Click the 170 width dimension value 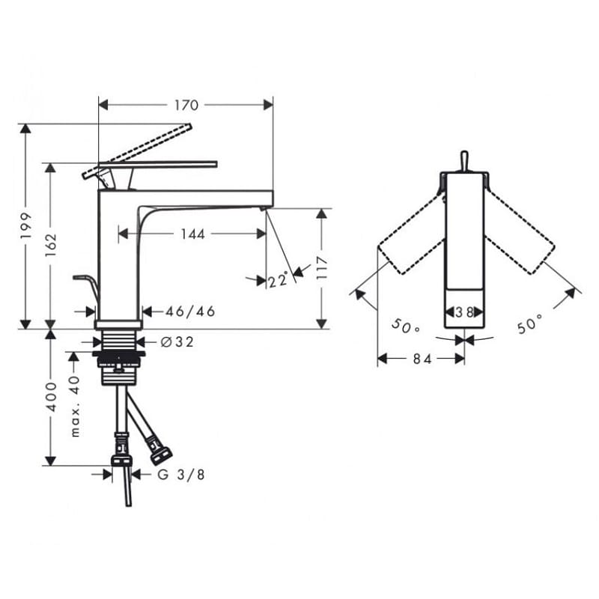186,105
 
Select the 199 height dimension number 26,226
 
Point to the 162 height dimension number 51,245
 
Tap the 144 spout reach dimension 193,234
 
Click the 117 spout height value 322,268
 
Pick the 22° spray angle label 278,280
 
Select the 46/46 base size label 190,311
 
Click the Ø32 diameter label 177,341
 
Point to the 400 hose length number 51,397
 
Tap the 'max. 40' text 76,407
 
